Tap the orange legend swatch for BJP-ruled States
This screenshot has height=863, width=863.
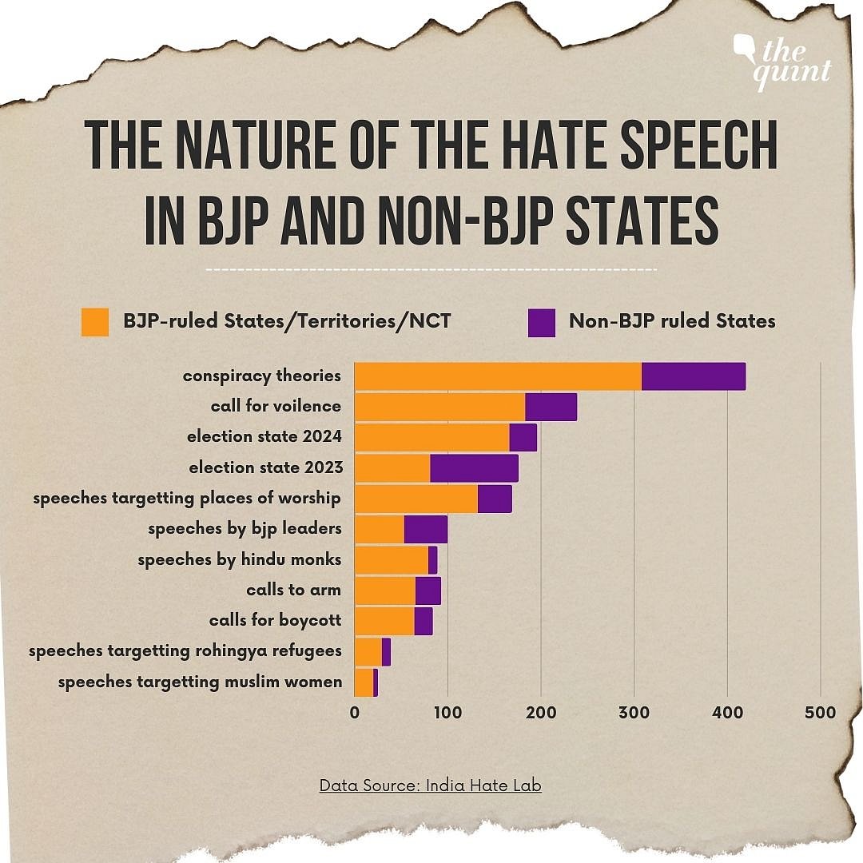[94, 321]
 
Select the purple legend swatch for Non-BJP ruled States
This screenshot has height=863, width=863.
[541, 321]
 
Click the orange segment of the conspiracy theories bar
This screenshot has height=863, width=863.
[498, 376]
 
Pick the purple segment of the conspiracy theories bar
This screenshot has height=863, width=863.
[693, 376]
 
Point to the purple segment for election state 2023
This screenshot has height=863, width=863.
[474, 468]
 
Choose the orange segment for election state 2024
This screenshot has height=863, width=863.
[431, 438]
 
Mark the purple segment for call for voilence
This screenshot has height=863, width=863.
[551, 407]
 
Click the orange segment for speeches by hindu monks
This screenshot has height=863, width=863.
[391, 560]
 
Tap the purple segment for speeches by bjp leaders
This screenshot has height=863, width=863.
[426, 530]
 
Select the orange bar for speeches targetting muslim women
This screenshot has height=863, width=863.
[364, 682]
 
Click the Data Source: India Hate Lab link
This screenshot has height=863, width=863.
[430, 785]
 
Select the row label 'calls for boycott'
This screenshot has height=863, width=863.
[275, 621]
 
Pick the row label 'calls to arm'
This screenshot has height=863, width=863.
[293, 591]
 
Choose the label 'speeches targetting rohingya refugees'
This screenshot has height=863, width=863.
[185, 651]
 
